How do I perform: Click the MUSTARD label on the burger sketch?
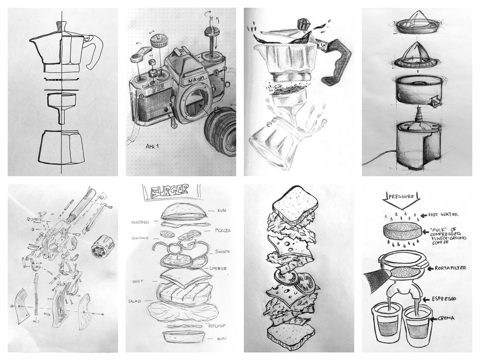[x=140, y=222]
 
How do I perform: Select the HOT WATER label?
[x=443, y=214]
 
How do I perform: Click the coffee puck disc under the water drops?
[x=400, y=231]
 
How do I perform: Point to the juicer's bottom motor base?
[x=410, y=143]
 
